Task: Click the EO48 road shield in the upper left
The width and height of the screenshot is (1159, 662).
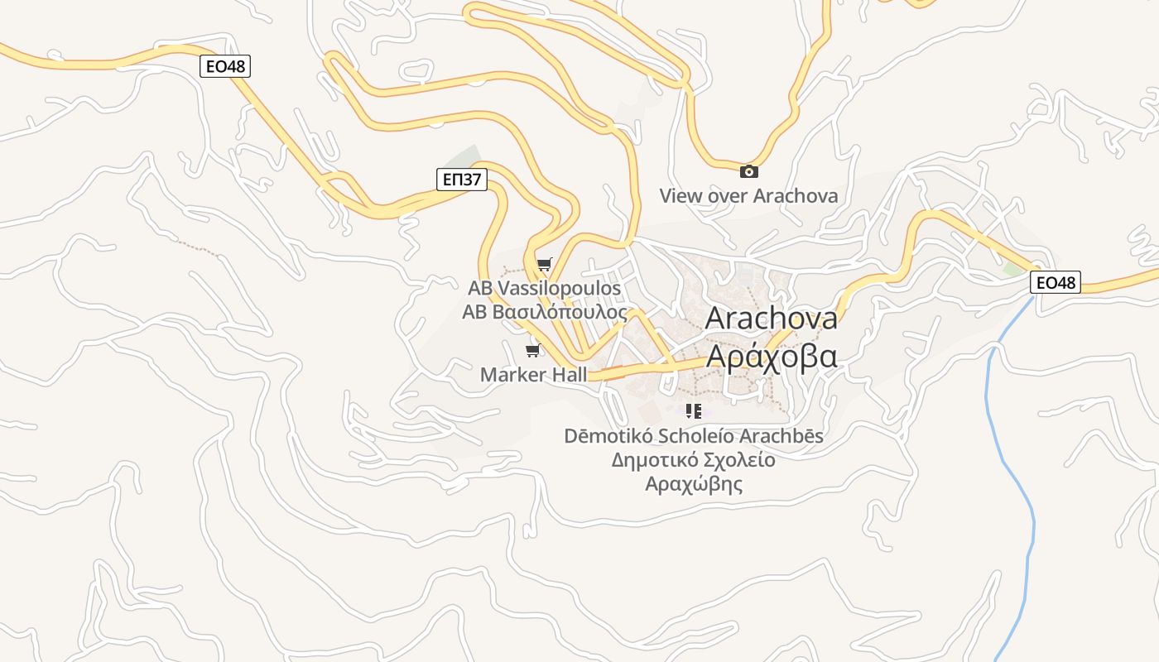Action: coord(225,66)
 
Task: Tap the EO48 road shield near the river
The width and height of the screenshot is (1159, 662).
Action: coord(1056,282)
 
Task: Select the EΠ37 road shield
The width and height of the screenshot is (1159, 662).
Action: coord(461,179)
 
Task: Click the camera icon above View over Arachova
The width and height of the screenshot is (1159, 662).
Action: coord(748,171)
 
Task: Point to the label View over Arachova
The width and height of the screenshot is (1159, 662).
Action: coord(748,196)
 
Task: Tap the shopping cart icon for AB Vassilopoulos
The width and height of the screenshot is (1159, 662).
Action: coord(544,265)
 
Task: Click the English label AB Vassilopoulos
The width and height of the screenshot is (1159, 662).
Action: coord(544,289)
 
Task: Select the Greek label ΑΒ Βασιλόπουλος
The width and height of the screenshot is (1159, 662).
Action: coord(544,312)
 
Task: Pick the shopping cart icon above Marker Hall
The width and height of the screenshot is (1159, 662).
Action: coord(533,351)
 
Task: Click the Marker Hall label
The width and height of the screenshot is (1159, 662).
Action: coord(533,375)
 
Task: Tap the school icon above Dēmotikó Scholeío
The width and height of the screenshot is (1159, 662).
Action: coord(694,411)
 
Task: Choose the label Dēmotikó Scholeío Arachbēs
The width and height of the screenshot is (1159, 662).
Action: coord(694,435)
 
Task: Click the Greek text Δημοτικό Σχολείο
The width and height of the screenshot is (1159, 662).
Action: coord(694,460)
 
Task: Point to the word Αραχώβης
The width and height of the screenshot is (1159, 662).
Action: coord(694,484)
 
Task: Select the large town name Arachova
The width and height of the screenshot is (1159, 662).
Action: coord(771,319)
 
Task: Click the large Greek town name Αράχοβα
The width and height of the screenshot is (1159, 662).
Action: coord(771,356)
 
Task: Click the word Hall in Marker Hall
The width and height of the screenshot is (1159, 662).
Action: coord(567,375)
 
